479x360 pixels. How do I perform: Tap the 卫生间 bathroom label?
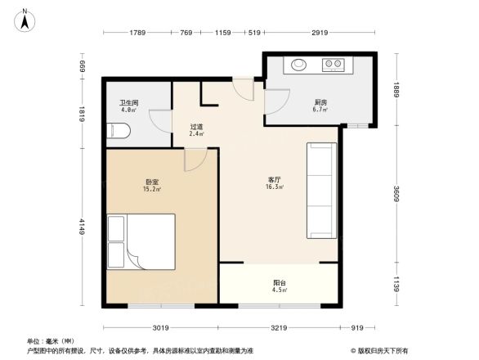pyautogui.click(x=129, y=102)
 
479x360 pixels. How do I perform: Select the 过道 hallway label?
pyautogui.click(x=196, y=127)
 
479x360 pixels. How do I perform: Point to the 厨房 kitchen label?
pyautogui.click(x=320, y=102)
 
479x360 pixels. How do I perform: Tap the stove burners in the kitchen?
pyautogui.click(x=333, y=63)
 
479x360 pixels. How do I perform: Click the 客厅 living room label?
pyautogui.click(x=275, y=179)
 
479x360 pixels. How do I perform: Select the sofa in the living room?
pyautogui.click(x=321, y=190)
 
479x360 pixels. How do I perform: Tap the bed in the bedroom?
pyautogui.click(x=141, y=241)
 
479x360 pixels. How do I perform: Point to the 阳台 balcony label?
pyautogui.click(x=279, y=283)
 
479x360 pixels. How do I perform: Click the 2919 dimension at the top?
pyautogui.click(x=320, y=33)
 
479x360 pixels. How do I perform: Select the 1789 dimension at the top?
pyautogui.click(x=137, y=33)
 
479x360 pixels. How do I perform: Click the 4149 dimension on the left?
pyautogui.click(x=83, y=224)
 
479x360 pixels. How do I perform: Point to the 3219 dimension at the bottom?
pyautogui.click(x=280, y=328)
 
